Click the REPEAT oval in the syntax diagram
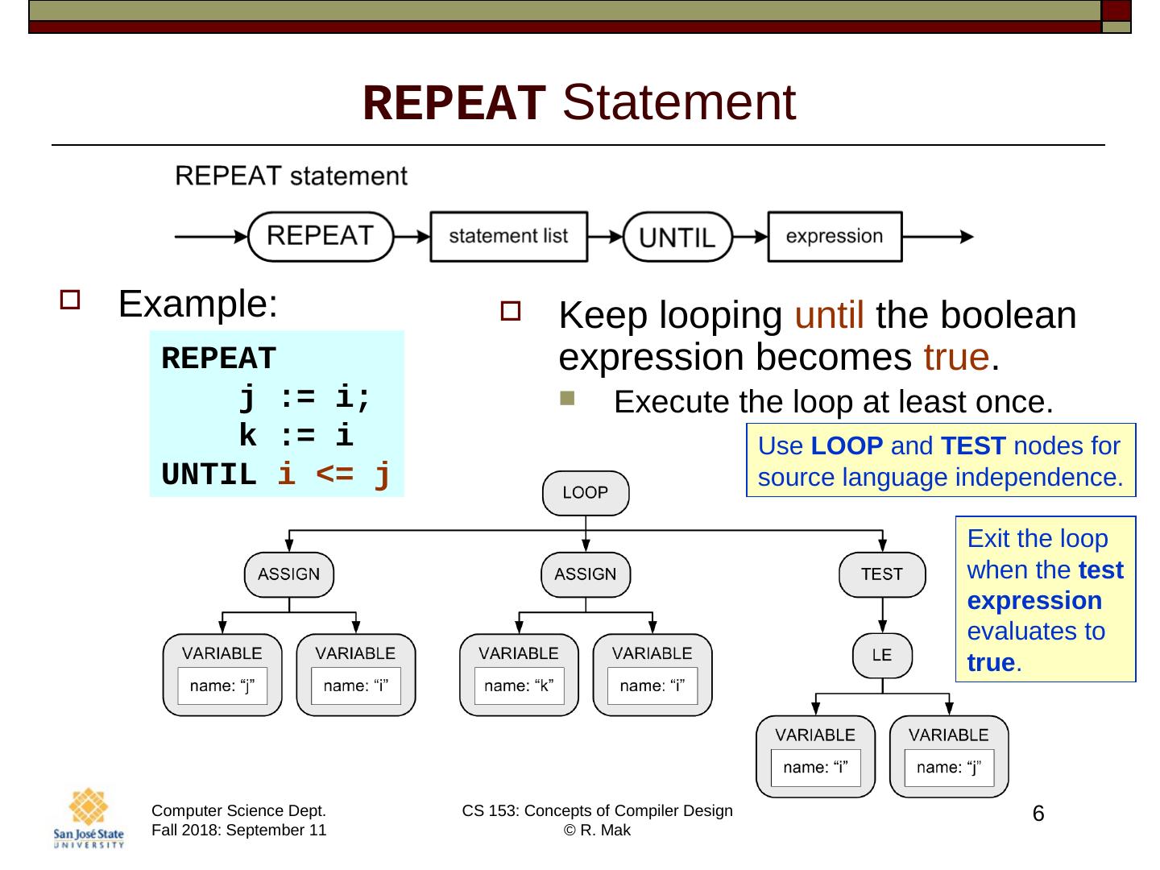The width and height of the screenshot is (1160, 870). point(320,237)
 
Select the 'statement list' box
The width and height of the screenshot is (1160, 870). point(508,237)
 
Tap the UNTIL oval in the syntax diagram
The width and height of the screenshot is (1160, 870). point(677,237)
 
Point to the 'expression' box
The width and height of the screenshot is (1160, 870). point(834,237)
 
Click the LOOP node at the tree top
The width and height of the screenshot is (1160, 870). point(585,493)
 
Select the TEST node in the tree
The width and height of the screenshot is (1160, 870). point(882,574)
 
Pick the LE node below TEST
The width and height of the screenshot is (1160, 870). point(882,656)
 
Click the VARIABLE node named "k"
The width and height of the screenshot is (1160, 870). point(519,675)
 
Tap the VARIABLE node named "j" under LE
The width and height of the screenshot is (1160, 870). point(949,756)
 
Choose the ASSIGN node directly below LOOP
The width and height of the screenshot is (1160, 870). point(585,574)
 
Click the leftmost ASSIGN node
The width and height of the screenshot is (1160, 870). point(288,574)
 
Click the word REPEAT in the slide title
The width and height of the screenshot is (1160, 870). point(454,103)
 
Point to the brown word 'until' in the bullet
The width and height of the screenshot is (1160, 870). point(829,316)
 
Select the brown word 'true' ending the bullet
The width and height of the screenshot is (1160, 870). point(955,357)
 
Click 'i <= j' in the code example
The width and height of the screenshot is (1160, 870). point(333,474)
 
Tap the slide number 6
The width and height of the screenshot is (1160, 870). point(1038,814)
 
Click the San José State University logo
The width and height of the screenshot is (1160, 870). point(89,817)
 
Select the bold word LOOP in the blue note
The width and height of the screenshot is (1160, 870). point(847,445)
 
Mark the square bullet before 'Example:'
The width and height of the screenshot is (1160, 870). point(69,301)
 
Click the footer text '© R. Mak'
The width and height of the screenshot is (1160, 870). point(597,831)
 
